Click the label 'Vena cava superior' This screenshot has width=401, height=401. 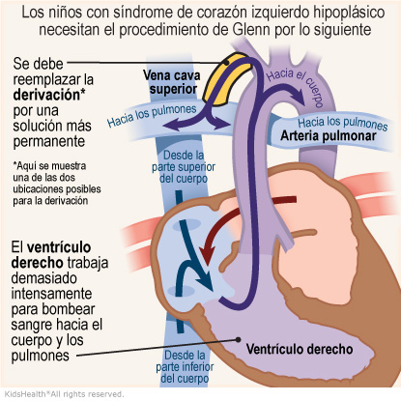172,82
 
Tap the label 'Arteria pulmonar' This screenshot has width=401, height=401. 329,135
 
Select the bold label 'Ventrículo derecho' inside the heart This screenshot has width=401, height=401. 300,349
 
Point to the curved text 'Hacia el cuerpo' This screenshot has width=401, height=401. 296,85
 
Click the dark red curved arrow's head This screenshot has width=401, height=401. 207,253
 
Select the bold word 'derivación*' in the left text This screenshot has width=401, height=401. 49,95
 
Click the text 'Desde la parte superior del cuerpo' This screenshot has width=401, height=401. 184,167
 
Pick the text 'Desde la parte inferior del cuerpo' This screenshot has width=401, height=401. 185,367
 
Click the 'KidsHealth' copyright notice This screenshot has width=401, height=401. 64,394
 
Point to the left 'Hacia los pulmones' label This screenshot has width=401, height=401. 152,115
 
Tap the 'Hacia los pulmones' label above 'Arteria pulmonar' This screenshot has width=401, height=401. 342,124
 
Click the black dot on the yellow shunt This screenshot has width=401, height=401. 227,63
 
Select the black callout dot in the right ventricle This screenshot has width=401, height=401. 239,339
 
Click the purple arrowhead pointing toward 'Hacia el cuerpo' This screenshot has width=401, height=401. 299,97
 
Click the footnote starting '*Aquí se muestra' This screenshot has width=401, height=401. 57,184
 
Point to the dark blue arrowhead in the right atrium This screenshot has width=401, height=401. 206,280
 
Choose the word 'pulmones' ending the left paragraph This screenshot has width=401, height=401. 41,356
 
